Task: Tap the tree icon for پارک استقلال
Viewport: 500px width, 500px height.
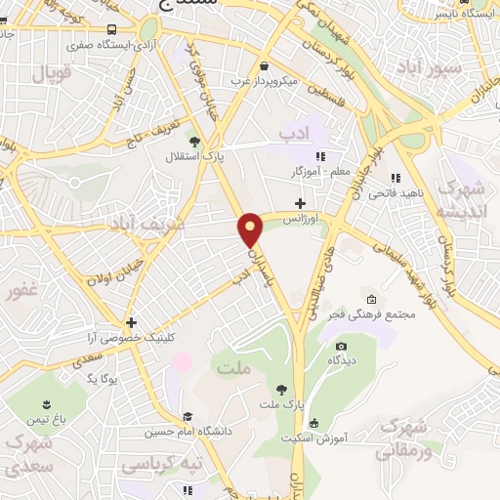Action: pyautogui.click(x=192, y=142)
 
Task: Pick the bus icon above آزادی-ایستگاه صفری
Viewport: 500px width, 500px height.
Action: pyautogui.click(x=112, y=30)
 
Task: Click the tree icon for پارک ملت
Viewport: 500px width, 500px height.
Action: pyautogui.click(x=282, y=389)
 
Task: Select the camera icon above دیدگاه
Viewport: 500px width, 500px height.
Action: pyautogui.click(x=341, y=346)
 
